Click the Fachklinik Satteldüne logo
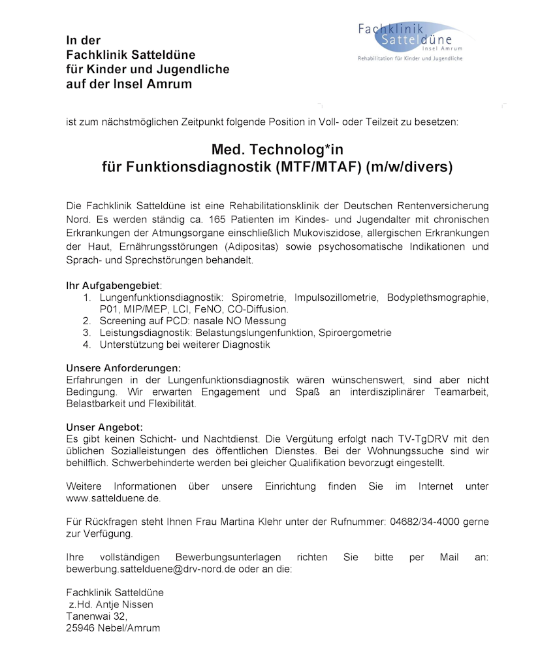tap(410, 41)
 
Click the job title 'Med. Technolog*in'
tap(277, 150)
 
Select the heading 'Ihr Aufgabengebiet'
tap(113, 286)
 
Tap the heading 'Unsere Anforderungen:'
tap(123, 368)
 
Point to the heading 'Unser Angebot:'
tap(104, 428)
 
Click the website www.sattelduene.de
tap(113, 498)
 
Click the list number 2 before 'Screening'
tap(86, 321)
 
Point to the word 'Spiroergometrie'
tap(356, 333)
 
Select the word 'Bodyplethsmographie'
tap(437, 297)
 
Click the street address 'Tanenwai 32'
tap(96, 616)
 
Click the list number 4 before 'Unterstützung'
tap(86, 344)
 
